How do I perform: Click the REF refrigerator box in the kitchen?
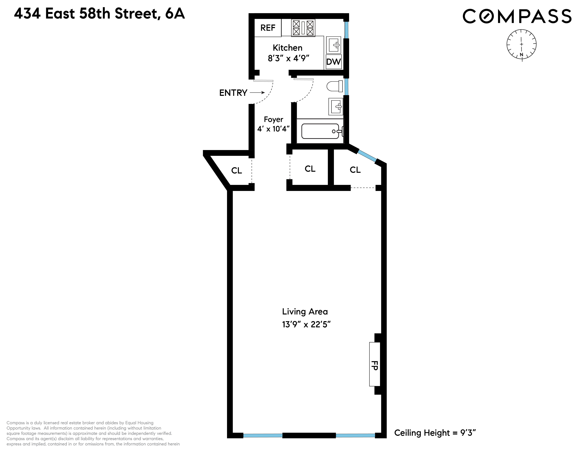pyautogui.click(x=268, y=28)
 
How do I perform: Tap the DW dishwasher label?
pyautogui.click(x=333, y=62)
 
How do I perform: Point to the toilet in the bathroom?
pyautogui.click(x=335, y=86)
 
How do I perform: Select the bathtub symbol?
pyautogui.click(x=320, y=131)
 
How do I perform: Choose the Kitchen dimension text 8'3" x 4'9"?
pyautogui.click(x=288, y=58)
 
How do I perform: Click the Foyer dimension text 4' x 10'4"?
pyautogui.click(x=273, y=129)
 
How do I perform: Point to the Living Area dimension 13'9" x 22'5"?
pyautogui.click(x=306, y=324)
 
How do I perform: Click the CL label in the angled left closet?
pyautogui.click(x=237, y=170)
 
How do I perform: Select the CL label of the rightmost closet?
pyautogui.click(x=355, y=170)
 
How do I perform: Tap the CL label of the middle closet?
pyautogui.click(x=310, y=169)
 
